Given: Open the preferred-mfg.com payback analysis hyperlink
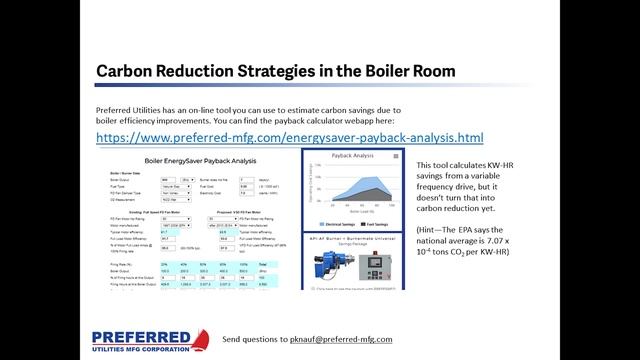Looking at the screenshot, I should coord(290,137).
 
